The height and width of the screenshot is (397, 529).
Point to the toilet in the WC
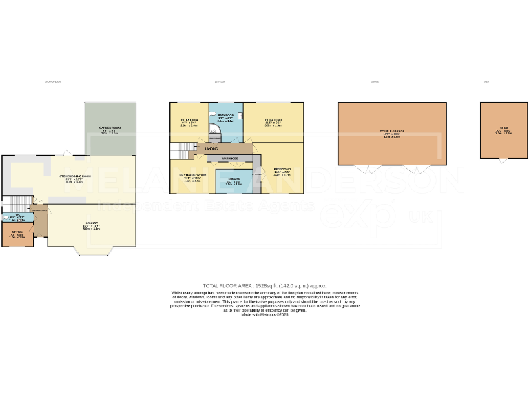tap(6, 218)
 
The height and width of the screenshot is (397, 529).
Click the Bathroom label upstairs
tap(226, 115)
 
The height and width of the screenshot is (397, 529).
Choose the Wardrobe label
tap(229, 159)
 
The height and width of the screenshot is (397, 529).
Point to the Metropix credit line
tap(264, 315)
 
